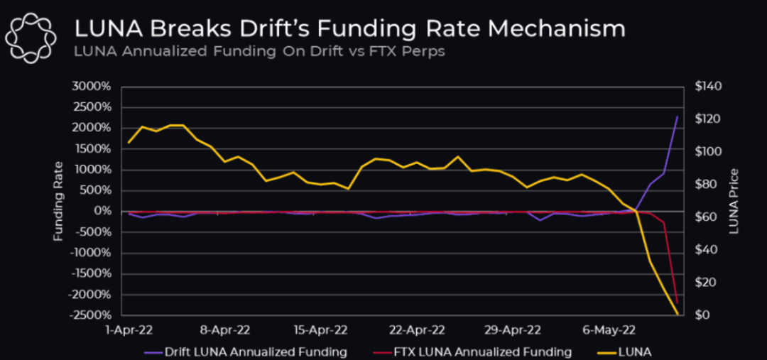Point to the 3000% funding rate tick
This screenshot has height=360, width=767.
point(91,87)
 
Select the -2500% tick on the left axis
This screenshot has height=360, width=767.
point(89,315)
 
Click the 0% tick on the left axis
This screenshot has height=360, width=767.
point(102,211)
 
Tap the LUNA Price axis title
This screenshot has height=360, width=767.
point(734,201)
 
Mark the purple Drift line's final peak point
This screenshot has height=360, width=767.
point(678,116)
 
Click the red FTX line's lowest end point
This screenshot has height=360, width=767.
point(678,303)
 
